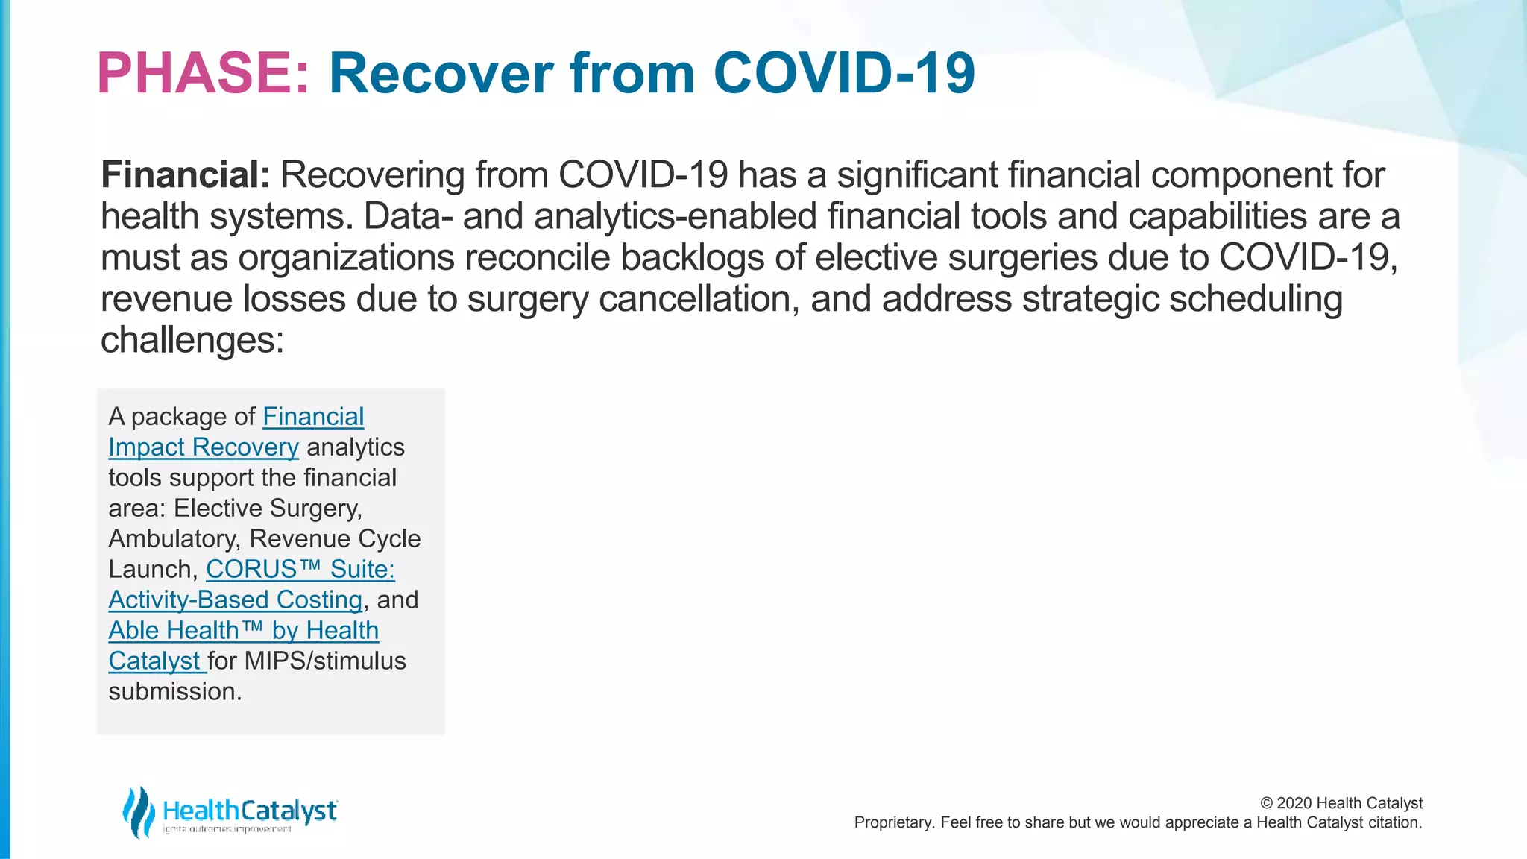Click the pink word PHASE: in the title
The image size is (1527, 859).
(203, 73)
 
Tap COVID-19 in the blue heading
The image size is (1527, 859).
(843, 73)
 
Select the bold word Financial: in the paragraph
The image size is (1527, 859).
(185, 175)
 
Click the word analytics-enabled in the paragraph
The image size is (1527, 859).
(676, 216)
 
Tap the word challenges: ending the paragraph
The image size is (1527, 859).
(192, 340)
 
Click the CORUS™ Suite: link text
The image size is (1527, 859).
(300, 569)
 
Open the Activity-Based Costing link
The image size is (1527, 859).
(235, 600)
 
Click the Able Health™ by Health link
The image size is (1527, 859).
(243, 630)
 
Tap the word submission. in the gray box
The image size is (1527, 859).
(174, 691)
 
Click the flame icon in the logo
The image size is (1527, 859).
(138, 811)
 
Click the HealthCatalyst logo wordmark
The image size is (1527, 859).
(249, 810)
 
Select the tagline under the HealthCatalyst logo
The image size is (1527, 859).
(227, 830)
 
